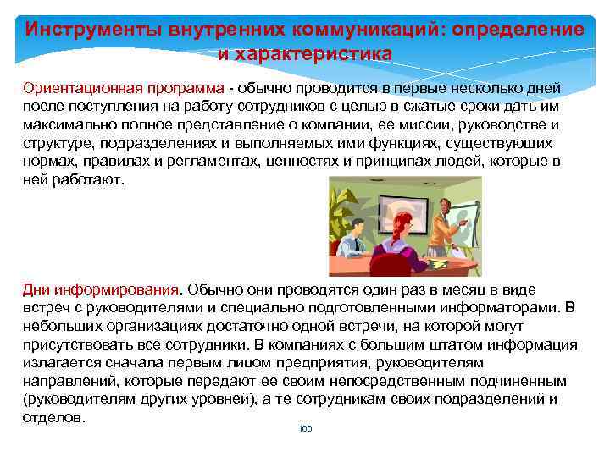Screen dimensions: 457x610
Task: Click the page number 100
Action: (x=306, y=429)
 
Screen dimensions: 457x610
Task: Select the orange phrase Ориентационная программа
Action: (x=123, y=89)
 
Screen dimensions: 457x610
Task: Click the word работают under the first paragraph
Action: (x=94, y=179)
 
